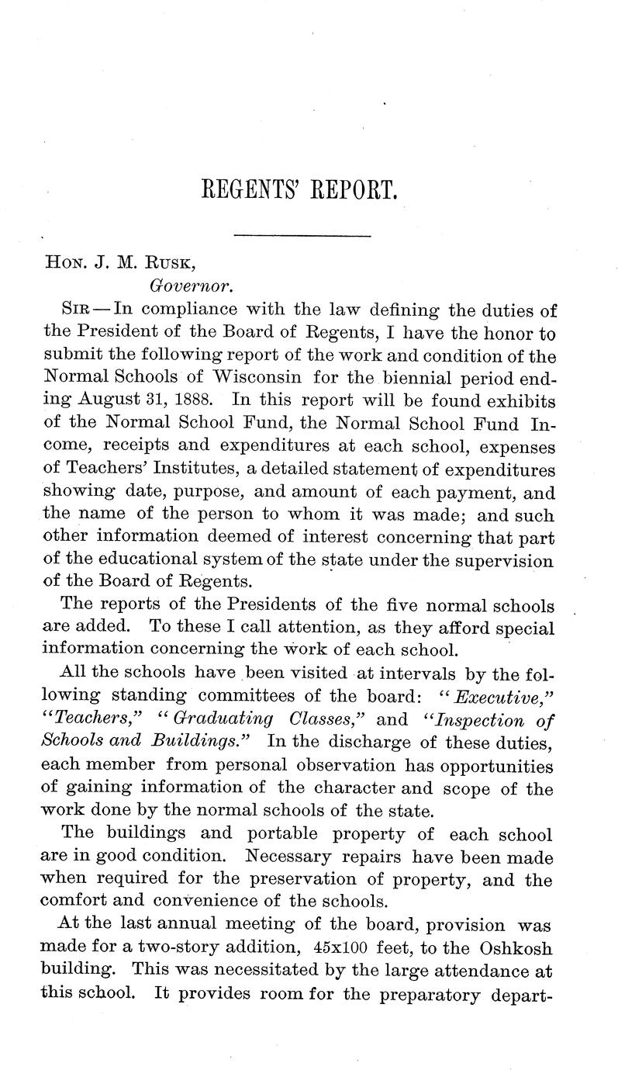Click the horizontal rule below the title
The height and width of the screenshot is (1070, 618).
302,234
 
